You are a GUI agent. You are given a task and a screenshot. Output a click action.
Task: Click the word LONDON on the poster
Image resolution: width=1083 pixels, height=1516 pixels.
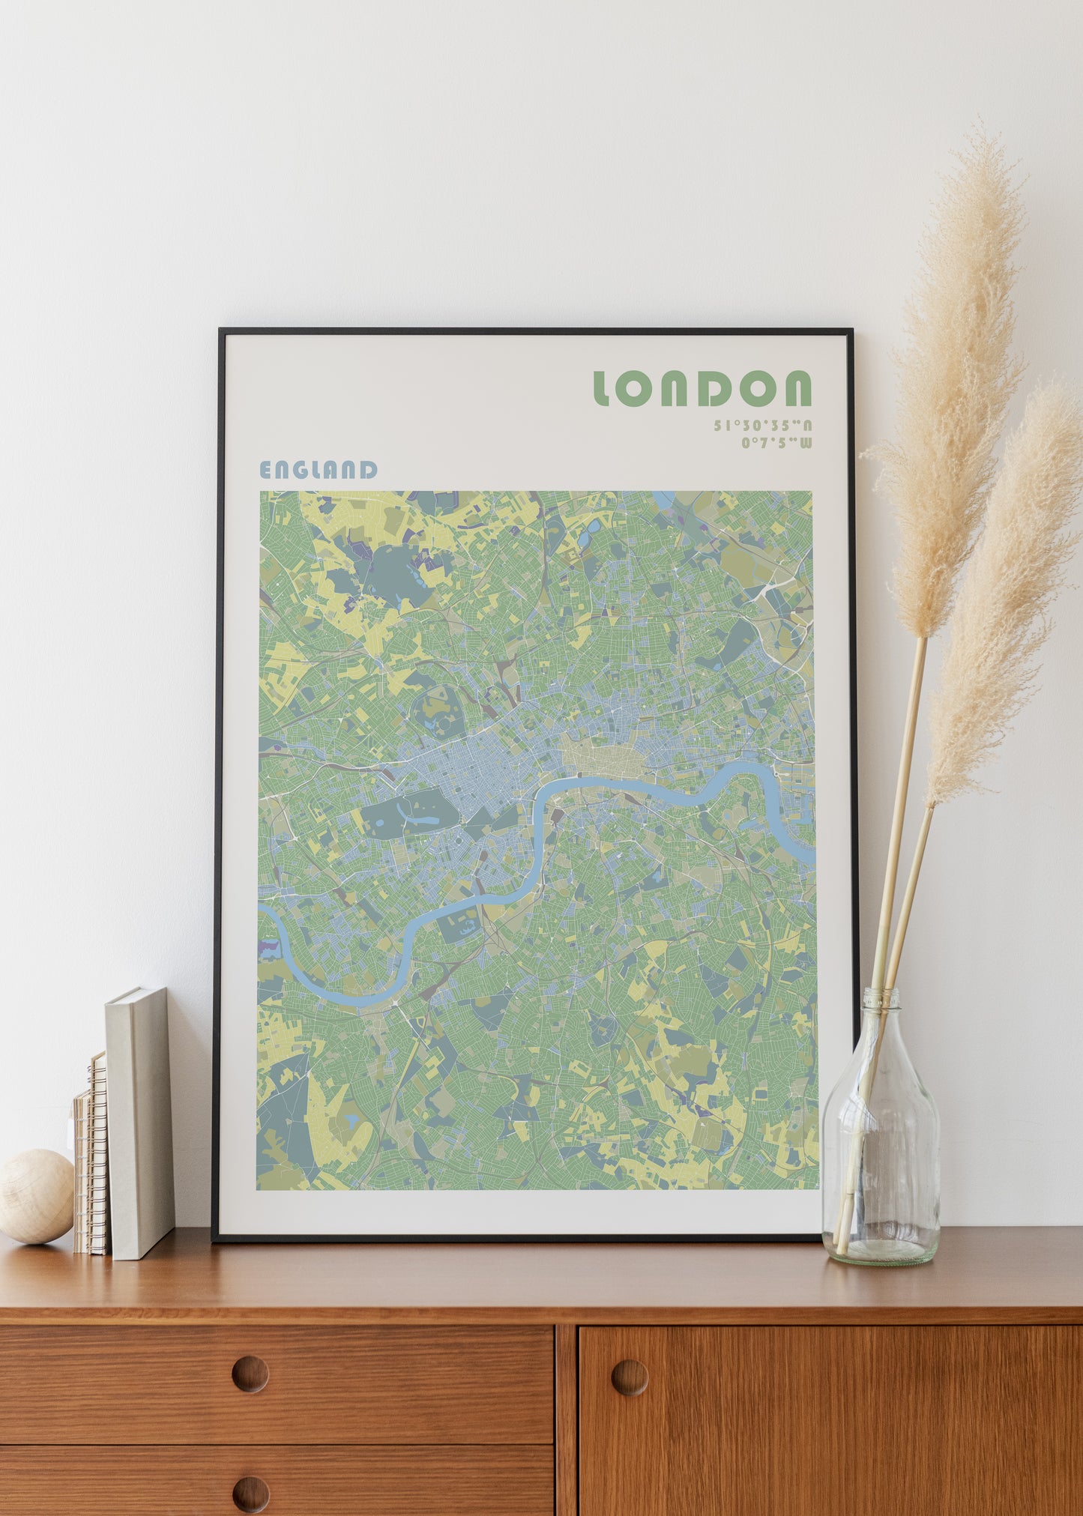(x=702, y=388)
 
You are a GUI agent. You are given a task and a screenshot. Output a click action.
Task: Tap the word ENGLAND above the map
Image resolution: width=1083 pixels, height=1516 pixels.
(x=318, y=470)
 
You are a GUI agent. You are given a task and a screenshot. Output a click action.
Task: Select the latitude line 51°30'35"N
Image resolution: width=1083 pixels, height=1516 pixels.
(x=762, y=426)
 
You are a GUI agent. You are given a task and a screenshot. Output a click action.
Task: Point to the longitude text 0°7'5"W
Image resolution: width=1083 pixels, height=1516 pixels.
(x=776, y=443)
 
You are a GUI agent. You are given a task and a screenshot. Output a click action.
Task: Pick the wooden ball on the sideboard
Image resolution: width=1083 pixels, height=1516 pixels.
(x=35, y=1197)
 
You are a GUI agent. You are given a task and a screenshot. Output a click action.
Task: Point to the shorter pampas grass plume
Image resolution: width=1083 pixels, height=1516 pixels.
(x=1004, y=600)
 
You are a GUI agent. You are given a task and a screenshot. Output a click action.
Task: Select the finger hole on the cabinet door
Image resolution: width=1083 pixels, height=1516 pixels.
(x=629, y=1377)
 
